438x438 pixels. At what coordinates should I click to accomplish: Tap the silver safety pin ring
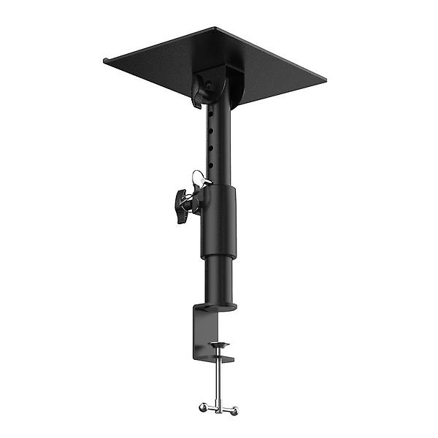(197, 177)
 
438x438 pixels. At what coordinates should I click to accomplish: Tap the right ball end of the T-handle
(235, 412)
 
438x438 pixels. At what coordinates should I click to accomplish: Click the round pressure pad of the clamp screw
(218, 344)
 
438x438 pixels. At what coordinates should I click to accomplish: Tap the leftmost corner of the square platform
(107, 61)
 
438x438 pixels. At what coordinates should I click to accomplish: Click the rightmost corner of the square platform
(324, 76)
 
